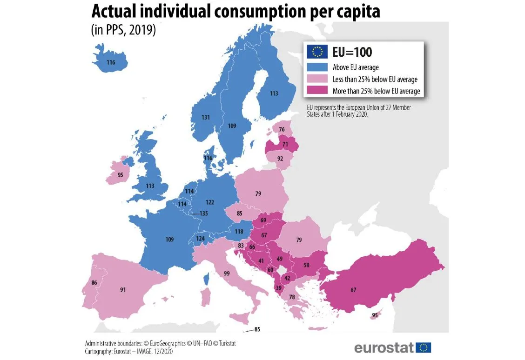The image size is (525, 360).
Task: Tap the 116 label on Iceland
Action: point(110,62)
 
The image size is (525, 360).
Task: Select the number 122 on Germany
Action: point(209,202)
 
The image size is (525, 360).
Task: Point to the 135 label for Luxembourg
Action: point(203,213)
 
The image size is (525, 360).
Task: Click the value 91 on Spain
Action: point(123,290)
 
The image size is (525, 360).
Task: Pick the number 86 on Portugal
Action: point(94,282)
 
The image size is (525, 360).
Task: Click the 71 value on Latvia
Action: point(285,145)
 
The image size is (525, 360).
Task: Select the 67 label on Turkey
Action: point(353,290)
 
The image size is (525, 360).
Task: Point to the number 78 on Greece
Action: point(292,297)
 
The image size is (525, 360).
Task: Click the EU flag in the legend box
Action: point(316,52)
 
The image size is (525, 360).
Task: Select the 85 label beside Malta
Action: point(257,330)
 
